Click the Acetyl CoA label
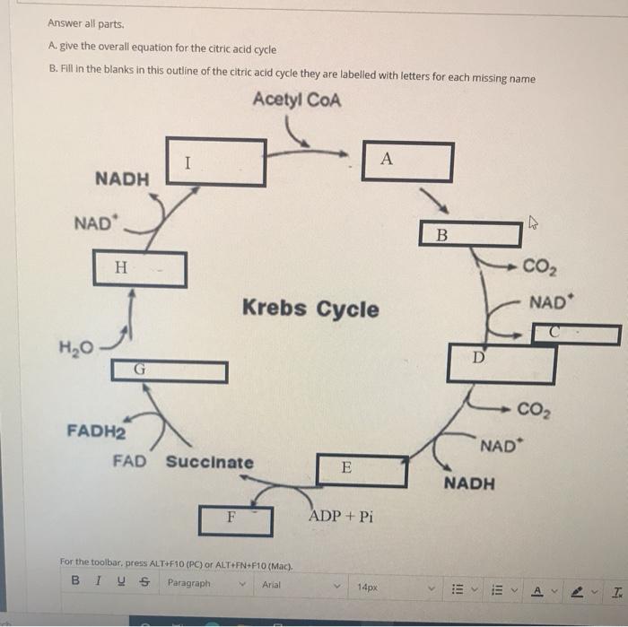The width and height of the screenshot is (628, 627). pos(297,100)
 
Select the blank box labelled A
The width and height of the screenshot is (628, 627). pos(407,161)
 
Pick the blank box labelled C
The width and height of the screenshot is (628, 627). pos(576,335)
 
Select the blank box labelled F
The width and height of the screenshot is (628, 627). pos(235,518)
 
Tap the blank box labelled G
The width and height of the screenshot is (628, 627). pos(169,370)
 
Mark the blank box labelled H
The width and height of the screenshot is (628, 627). pos(140,268)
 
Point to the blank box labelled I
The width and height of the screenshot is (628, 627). pos(216,162)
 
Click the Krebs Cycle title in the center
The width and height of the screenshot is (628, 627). pos(310,309)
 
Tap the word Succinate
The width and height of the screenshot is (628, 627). pos(209,463)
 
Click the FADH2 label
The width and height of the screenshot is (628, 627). pos(95,430)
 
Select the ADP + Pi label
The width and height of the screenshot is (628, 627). pos(340,517)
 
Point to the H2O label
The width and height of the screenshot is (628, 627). pos(76,347)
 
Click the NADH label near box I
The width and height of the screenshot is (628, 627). pos(122,179)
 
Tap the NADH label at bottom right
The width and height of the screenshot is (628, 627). pos(469,484)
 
